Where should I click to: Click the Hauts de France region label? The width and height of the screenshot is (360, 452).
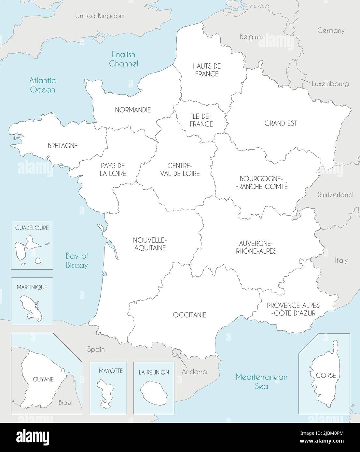point(207,70)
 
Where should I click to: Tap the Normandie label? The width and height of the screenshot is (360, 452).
point(133,110)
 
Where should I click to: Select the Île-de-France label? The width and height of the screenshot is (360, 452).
point(202,120)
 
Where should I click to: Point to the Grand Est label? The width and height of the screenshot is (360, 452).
point(281,123)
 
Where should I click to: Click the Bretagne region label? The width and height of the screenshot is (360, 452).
point(62,146)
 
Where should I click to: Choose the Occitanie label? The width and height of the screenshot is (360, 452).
point(189,315)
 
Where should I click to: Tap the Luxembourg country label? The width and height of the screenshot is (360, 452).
point(330,84)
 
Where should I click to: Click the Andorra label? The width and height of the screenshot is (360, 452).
point(194,371)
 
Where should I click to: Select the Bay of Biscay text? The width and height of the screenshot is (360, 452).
point(77,260)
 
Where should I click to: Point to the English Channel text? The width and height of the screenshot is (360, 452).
point(123,59)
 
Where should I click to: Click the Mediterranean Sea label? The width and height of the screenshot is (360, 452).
point(261,381)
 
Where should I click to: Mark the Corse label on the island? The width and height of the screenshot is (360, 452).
point(325,375)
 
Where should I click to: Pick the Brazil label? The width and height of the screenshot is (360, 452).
point(65,403)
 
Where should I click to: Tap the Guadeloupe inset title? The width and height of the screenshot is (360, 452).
point(32,228)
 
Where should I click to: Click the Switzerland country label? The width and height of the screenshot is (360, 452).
point(335,195)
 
